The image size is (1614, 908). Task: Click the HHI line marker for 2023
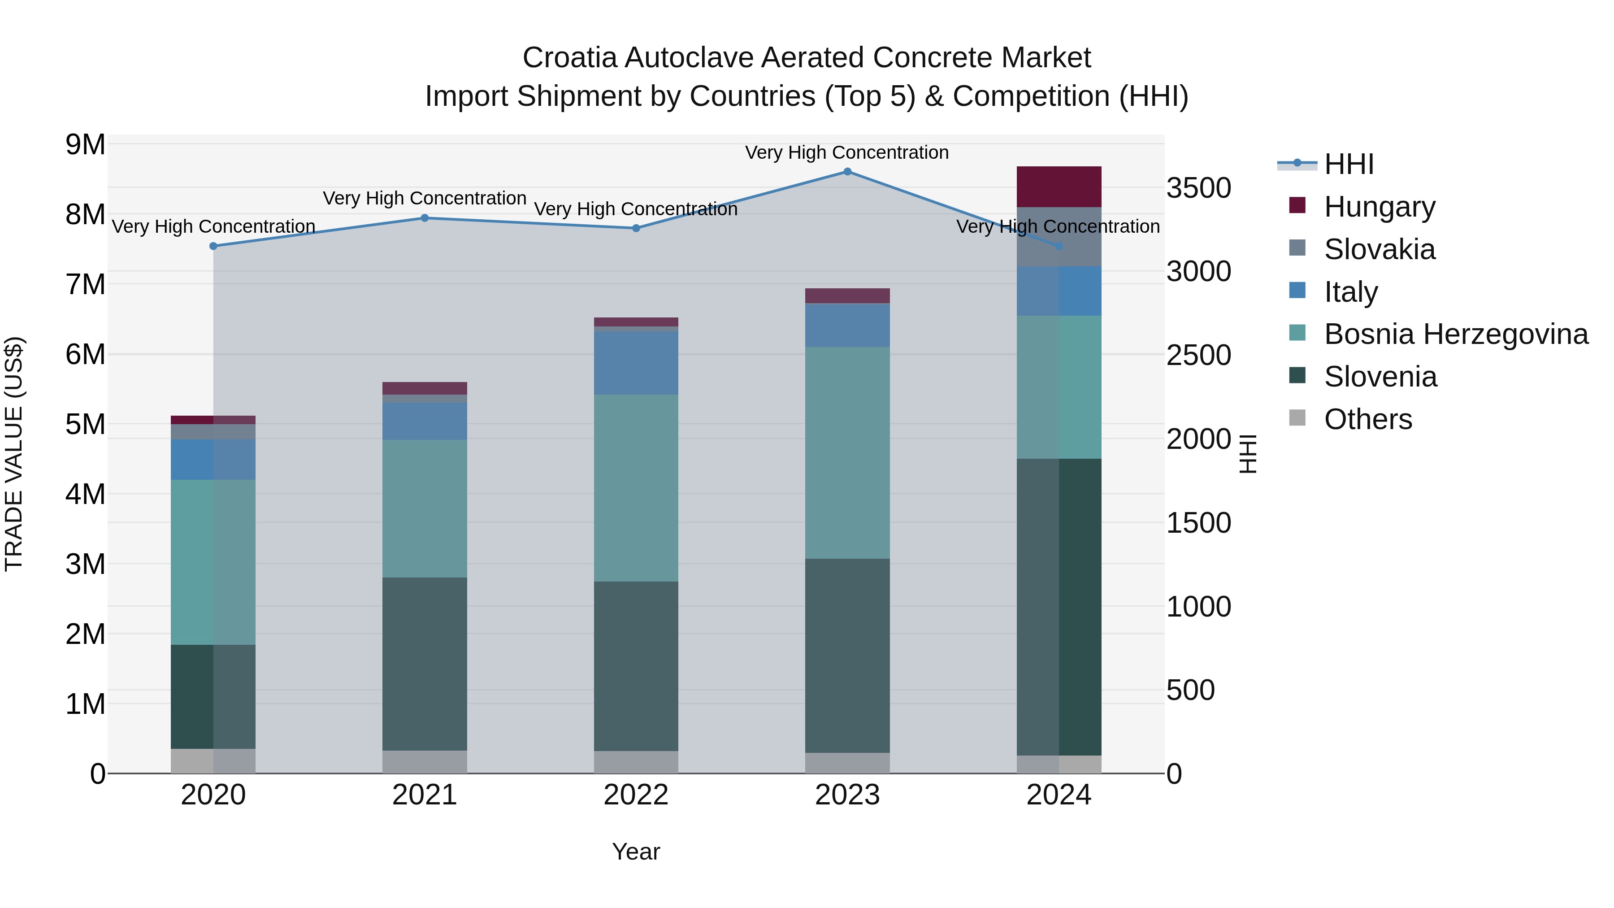847,172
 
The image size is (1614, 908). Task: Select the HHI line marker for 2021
424,218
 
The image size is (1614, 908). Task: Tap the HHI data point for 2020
213,246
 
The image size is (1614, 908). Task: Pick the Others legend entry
1367,419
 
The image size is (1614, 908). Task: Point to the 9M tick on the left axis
85,145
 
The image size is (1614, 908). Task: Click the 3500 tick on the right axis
1198,188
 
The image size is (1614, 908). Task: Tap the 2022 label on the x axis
635,795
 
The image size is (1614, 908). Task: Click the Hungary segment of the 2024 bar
1059,187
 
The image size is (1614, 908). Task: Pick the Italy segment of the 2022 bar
635,362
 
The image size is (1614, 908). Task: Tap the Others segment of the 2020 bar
213,761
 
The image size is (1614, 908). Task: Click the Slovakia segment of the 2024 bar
1059,237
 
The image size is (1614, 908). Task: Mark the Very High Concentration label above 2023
846,153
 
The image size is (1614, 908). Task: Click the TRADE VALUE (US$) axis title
14,454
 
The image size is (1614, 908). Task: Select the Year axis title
635,852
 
